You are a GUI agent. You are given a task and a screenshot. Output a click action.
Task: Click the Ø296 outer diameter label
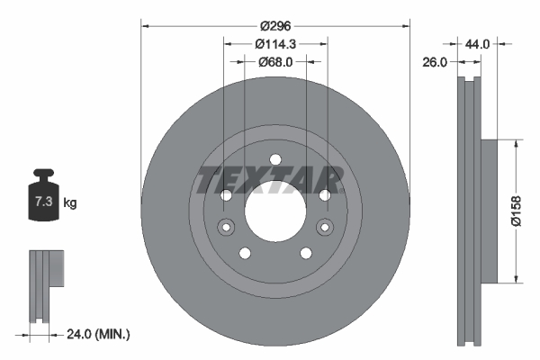tap(275, 26)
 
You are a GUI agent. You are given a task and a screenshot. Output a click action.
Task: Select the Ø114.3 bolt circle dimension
tap(275, 44)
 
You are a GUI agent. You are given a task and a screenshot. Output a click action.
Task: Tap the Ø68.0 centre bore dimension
tap(275, 62)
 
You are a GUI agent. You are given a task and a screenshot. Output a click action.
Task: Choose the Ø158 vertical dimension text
tap(526, 210)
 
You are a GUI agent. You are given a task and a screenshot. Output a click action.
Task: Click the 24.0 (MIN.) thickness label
tap(99, 334)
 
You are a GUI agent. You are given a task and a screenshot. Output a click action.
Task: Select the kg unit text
tap(70, 203)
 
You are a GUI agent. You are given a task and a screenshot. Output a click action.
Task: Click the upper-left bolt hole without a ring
tap(226, 194)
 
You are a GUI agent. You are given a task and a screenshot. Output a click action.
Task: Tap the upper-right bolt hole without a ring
tap(323, 194)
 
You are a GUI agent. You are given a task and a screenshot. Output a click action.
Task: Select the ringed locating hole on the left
tap(225, 226)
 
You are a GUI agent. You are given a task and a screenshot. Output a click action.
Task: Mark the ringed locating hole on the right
tap(324, 226)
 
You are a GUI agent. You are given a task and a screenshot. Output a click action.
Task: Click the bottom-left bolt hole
tap(244, 252)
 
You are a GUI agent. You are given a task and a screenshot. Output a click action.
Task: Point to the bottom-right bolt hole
tap(305, 252)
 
